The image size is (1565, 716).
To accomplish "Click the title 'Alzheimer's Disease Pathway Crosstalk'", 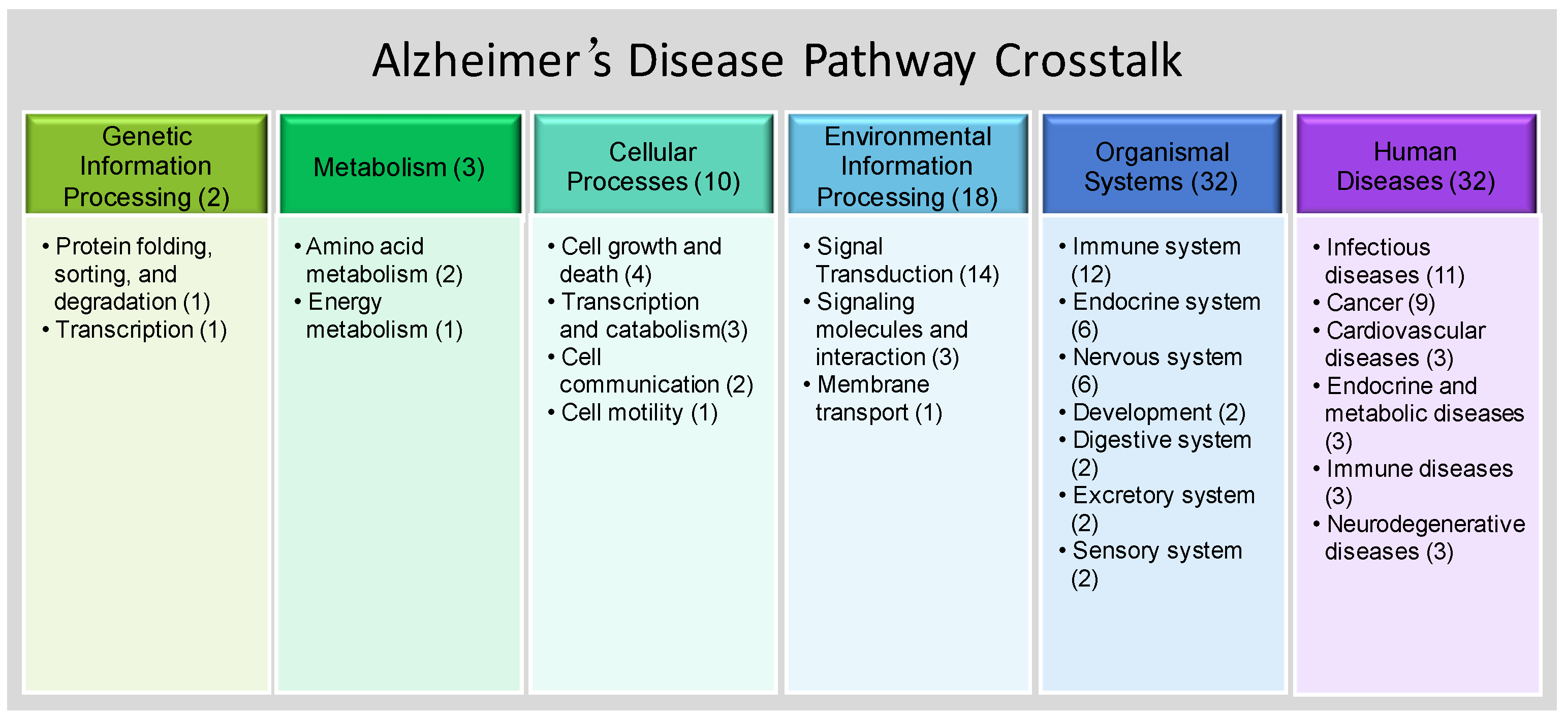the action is pyautogui.click(x=777, y=61).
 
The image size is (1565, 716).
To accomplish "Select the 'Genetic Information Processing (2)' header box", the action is pyautogui.click(x=146, y=164).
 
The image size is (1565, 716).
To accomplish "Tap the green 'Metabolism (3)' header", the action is pyautogui.click(x=400, y=164).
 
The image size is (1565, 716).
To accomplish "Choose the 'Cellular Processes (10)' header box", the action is pyautogui.click(x=654, y=164).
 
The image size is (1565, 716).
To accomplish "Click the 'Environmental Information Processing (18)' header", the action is pyautogui.click(x=907, y=164).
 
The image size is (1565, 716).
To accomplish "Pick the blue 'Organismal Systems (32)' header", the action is pyautogui.click(x=1162, y=164).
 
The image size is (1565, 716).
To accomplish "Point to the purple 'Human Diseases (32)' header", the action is pyautogui.click(x=1416, y=164).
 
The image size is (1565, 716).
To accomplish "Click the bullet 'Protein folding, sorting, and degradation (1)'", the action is pyautogui.click(x=128, y=274).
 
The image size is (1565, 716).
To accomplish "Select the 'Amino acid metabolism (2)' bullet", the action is pyautogui.click(x=379, y=261).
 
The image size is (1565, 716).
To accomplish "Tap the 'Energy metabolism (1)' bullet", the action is pyautogui.click(x=379, y=316).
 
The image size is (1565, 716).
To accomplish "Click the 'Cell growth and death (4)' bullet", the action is pyautogui.click(x=635, y=261).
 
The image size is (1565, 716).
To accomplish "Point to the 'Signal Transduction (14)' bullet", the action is pyautogui.click(x=901, y=261).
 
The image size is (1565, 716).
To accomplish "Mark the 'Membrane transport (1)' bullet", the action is pyautogui.click(x=873, y=399).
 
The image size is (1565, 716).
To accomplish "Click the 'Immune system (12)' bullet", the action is pyautogui.click(x=1150, y=261).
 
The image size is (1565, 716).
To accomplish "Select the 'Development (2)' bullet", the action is pyautogui.click(x=1152, y=413).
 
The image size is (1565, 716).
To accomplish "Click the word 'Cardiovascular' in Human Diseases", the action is pyautogui.click(x=1406, y=331).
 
